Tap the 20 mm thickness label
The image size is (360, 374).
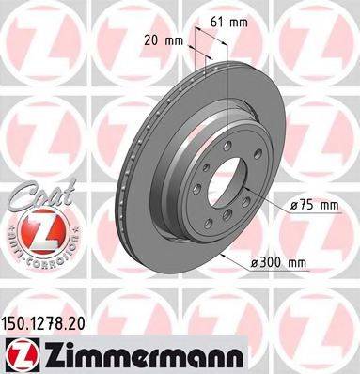pos(164,40)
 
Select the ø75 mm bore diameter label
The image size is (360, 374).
pos(314,206)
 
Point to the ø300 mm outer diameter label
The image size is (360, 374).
pos(278,262)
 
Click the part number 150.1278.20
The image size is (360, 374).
pos(43,324)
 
